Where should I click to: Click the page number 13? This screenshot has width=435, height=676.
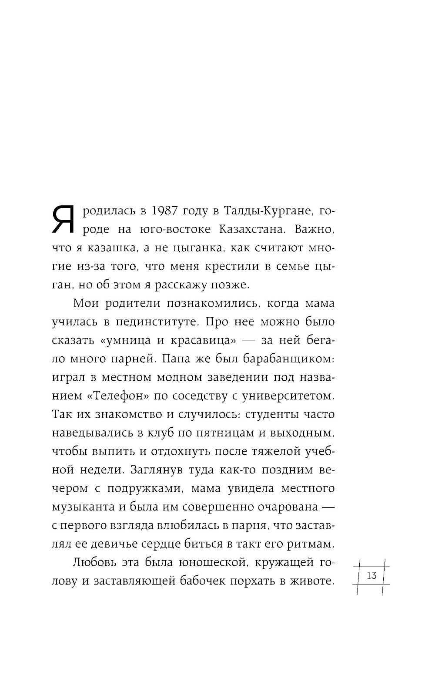[372, 575]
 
